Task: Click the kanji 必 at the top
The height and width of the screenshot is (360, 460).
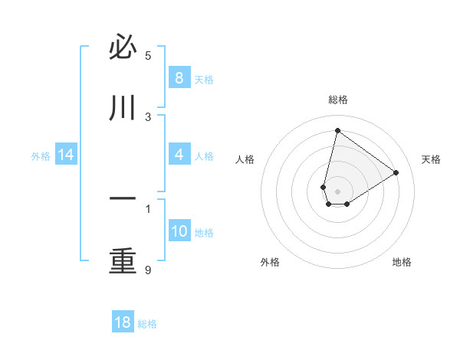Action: click(x=123, y=48)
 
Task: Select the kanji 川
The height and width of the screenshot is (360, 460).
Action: click(x=123, y=109)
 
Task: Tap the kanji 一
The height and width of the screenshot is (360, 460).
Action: click(x=123, y=200)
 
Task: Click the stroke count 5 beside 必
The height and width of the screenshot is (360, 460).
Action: click(x=148, y=55)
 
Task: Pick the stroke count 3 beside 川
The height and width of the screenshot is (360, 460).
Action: click(x=148, y=116)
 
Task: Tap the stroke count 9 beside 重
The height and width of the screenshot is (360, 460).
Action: click(x=148, y=270)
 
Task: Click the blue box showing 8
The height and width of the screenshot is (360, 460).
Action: click(x=179, y=77)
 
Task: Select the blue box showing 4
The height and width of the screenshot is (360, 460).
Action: click(x=179, y=155)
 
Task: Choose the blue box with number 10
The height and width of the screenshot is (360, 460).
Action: click(x=179, y=231)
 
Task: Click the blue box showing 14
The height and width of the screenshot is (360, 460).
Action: click(x=66, y=155)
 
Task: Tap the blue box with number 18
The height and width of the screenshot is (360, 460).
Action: click(x=123, y=322)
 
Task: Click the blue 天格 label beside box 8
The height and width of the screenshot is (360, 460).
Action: click(x=204, y=79)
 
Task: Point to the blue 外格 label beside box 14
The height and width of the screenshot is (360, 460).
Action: click(x=41, y=156)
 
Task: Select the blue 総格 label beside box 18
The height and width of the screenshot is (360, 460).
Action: click(x=147, y=324)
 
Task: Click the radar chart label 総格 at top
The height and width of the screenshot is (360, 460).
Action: click(x=337, y=100)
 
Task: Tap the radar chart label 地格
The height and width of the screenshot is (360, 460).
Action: click(x=402, y=262)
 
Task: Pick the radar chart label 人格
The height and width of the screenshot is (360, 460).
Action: click(x=245, y=159)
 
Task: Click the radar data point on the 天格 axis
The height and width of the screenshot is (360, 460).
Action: click(x=396, y=173)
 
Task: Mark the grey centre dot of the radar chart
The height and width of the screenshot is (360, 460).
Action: click(x=337, y=191)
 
